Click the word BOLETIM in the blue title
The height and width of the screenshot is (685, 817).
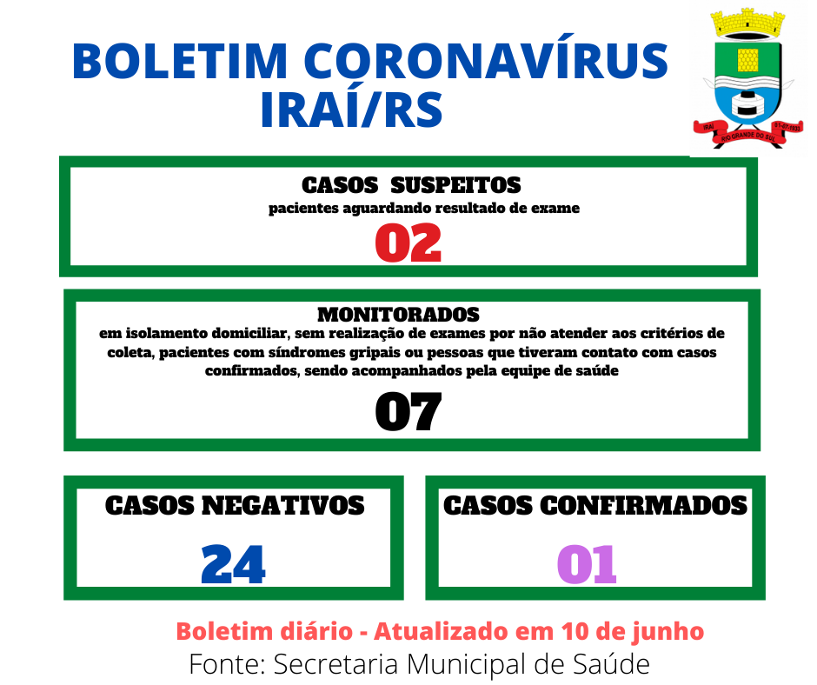point(180,61)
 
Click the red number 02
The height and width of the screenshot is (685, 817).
point(408,243)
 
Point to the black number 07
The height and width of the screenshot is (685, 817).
point(408,412)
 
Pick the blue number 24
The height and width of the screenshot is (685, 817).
point(233,564)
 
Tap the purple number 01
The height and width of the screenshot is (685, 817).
point(587,564)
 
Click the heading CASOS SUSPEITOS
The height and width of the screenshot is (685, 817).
point(411,185)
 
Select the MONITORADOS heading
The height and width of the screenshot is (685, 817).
point(399,315)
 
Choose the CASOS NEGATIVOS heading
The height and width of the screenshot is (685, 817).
point(235,506)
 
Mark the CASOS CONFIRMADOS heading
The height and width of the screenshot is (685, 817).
point(595,506)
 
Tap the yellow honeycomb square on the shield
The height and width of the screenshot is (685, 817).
point(747,60)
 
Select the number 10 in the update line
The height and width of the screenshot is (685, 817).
point(575,631)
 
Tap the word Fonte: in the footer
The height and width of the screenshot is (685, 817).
point(228,664)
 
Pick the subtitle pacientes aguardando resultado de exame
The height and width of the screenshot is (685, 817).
point(424,208)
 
